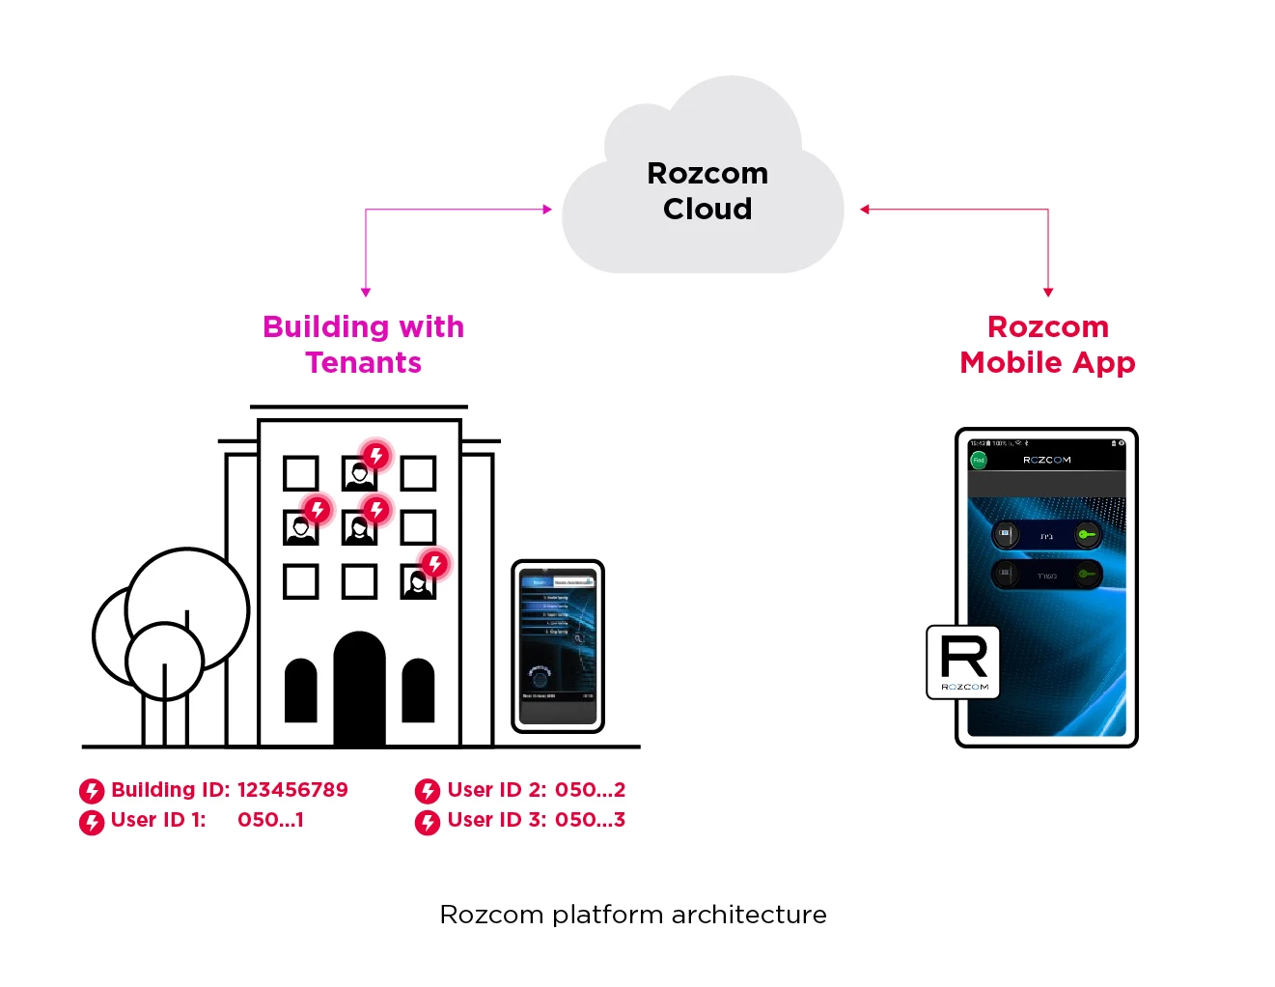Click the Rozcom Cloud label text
click(707, 191)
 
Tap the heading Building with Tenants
click(363, 344)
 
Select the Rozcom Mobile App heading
click(1047, 344)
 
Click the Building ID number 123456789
click(292, 790)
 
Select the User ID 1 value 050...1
click(270, 820)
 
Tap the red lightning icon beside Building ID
click(92, 792)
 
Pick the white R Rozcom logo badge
click(963, 662)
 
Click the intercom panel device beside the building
click(558, 646)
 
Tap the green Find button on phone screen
click(979, 461)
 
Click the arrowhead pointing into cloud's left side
click(547, 209)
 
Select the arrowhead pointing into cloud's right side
click(865, 209)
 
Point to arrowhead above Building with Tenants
click(366, 292)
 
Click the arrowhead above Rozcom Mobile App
click(1048, 292)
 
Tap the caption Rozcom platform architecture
click(633, 915)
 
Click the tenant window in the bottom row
click(418, 582)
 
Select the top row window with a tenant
click(359, 474)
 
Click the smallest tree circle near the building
click(165, 662)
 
